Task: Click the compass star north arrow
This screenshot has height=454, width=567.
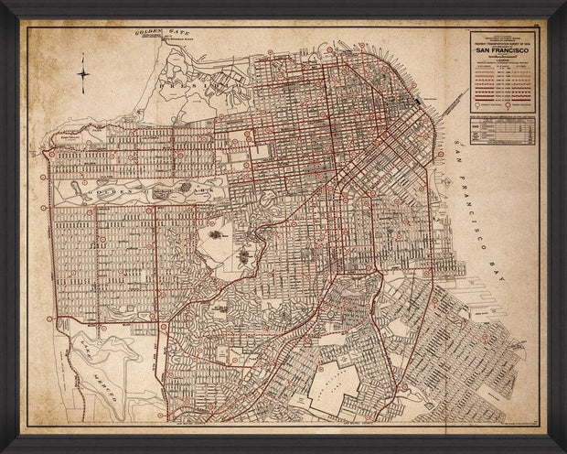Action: click(83, 74)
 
